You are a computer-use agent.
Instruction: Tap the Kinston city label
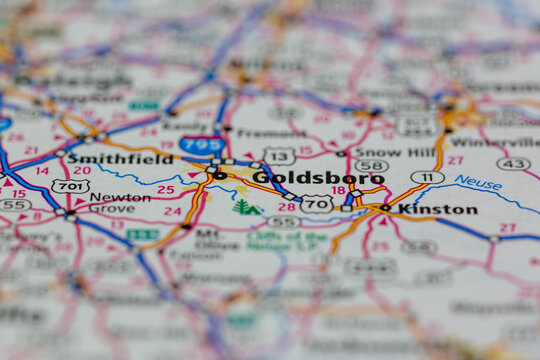(437, 209)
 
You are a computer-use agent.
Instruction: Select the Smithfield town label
(120, 158)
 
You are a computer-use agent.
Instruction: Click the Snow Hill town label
(393, 152)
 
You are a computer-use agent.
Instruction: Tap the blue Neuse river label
(478, 183)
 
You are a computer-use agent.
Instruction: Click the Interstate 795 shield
(202, 145)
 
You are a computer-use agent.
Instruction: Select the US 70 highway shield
(316, 204)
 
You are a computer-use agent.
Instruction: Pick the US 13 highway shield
(279, 156)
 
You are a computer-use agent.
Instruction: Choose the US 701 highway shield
(70, 186)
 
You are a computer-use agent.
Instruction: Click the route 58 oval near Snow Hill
(371, 166)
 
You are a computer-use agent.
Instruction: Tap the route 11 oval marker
(427, 177)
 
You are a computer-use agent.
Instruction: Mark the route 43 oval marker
(513, 163)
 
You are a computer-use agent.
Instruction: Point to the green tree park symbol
(243, 207)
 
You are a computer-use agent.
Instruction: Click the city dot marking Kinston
(386, 208)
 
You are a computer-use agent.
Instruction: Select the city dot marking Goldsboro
(219, 176)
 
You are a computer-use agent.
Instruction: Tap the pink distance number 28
(286, 207)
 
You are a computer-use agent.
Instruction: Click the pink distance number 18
(338, 190)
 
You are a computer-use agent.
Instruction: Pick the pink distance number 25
(165, 189)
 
